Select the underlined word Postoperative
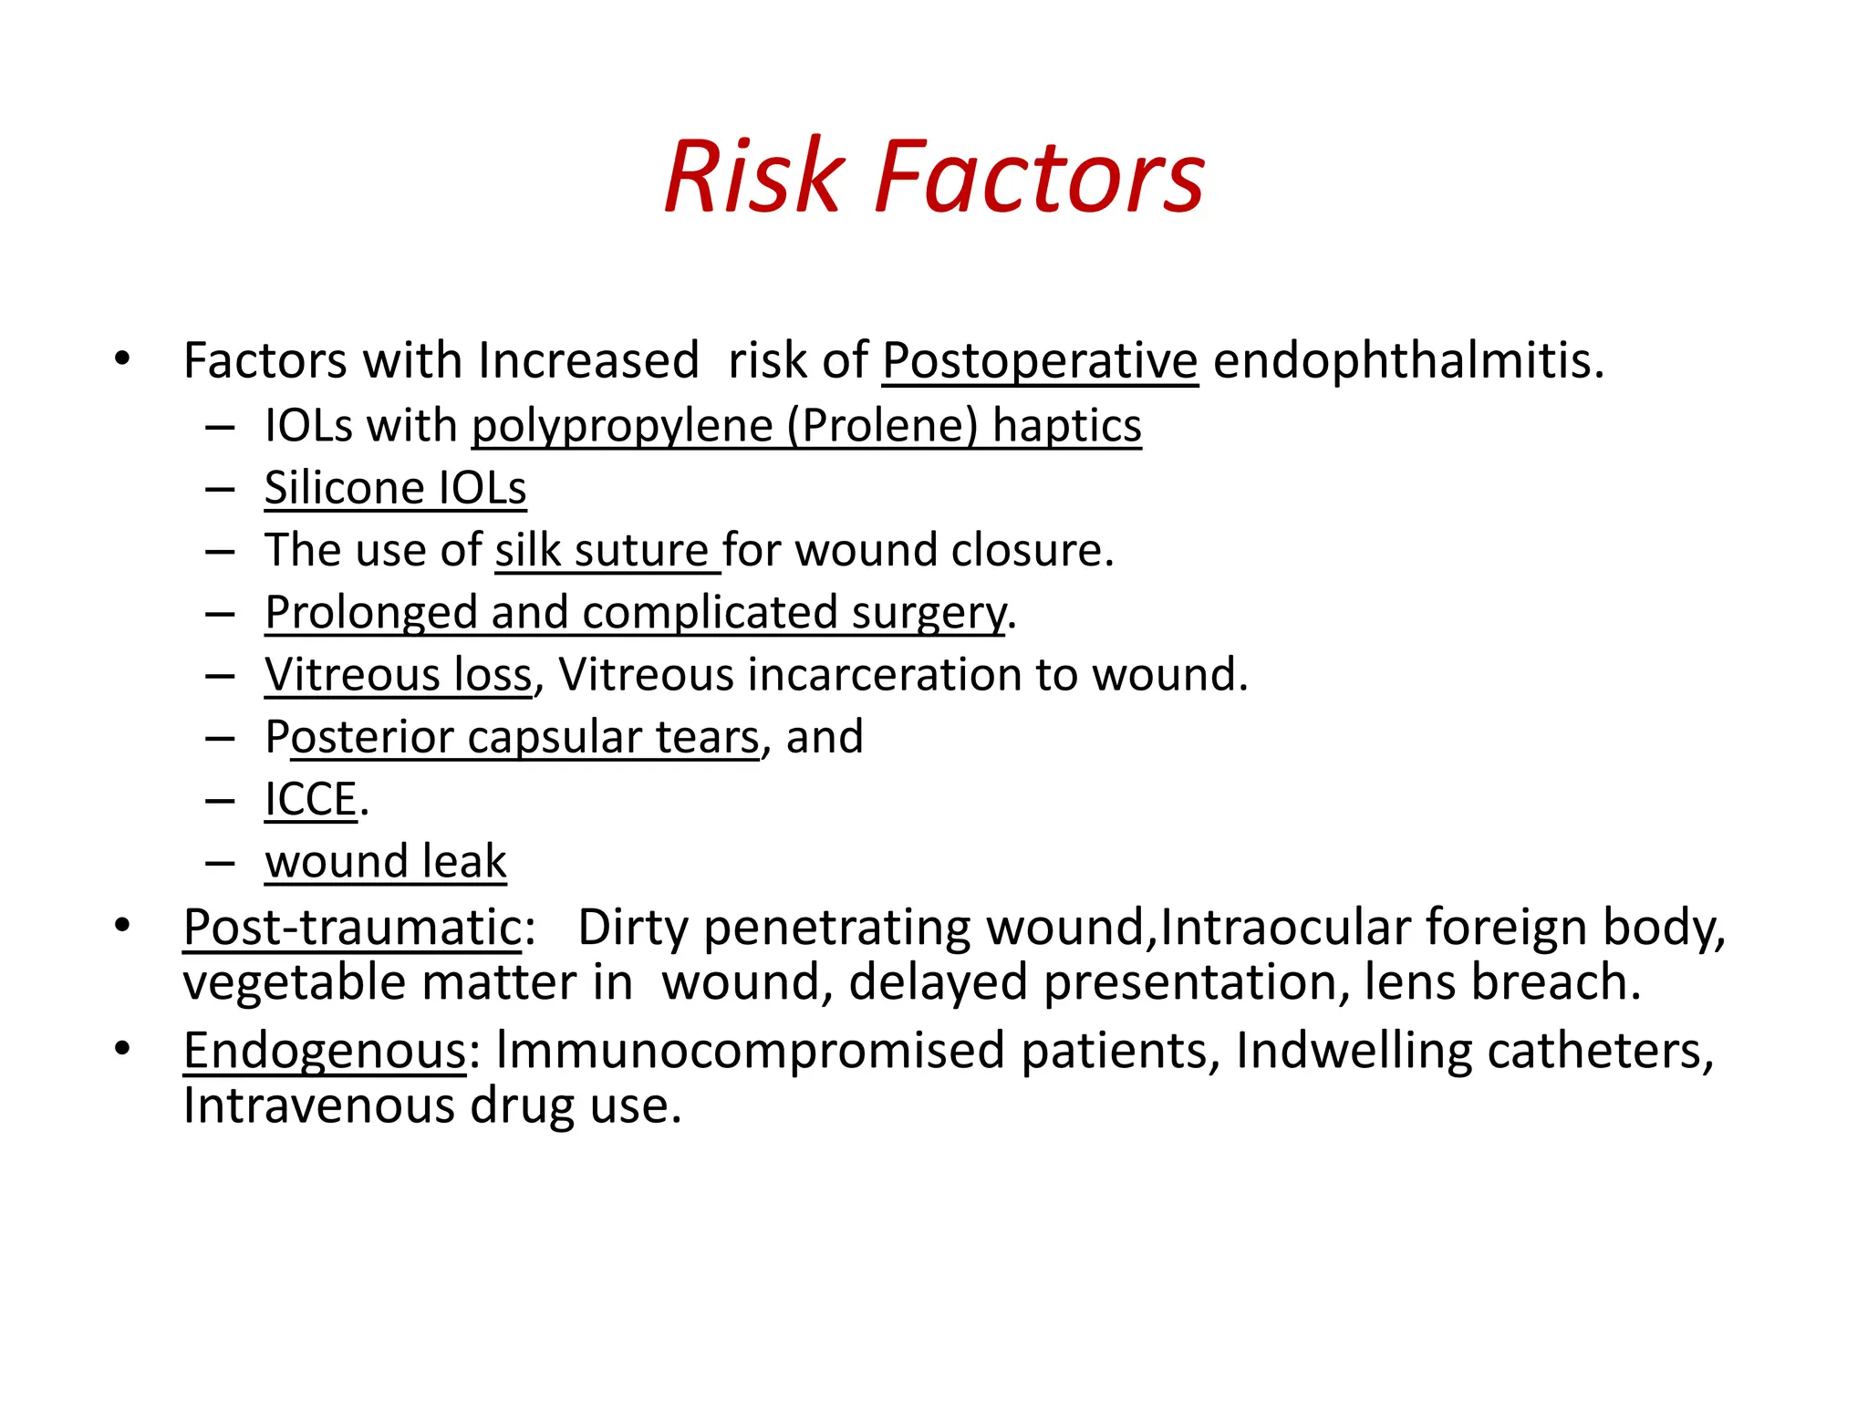coord(1040,360)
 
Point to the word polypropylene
coord(622,426)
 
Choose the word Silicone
coord(344,488)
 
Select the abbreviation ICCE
coord(310,800)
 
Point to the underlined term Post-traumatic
coord(352,928)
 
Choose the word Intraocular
coord(1285,928)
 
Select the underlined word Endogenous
coord(325,1051)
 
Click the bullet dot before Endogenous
coord(122,1049)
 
